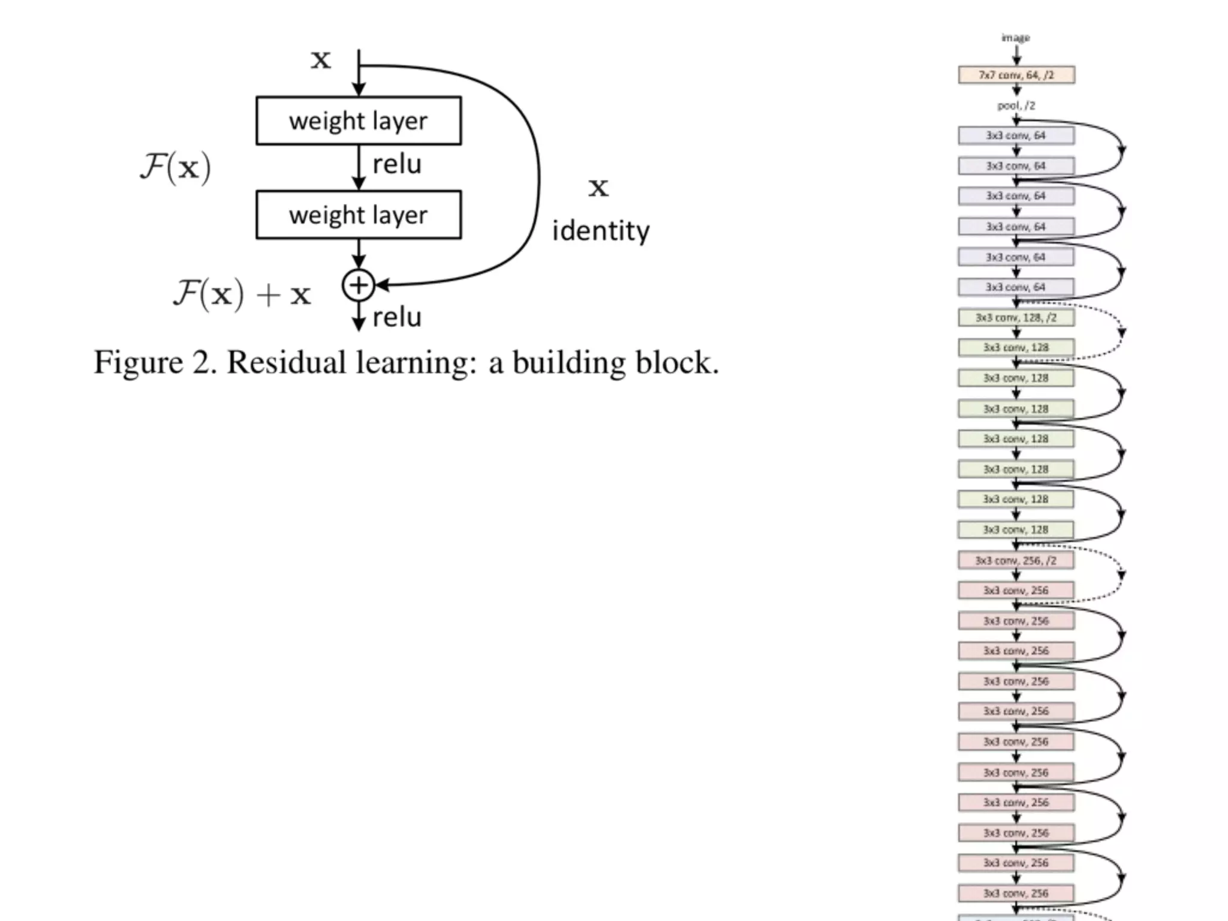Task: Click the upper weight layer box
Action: [359, 121]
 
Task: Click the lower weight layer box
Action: [359, 215]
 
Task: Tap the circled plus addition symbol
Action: [358, 285]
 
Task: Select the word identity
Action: [600, 231]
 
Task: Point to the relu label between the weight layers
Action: [397, 164]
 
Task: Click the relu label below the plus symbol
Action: [397, 318]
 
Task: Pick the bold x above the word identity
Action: [598, 188]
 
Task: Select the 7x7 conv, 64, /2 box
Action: [1016, 75]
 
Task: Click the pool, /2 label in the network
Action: [1016, 106]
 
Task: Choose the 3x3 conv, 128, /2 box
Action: [1016, 317]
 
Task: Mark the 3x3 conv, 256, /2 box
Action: [1016, 560]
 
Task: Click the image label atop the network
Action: [1016, 38]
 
